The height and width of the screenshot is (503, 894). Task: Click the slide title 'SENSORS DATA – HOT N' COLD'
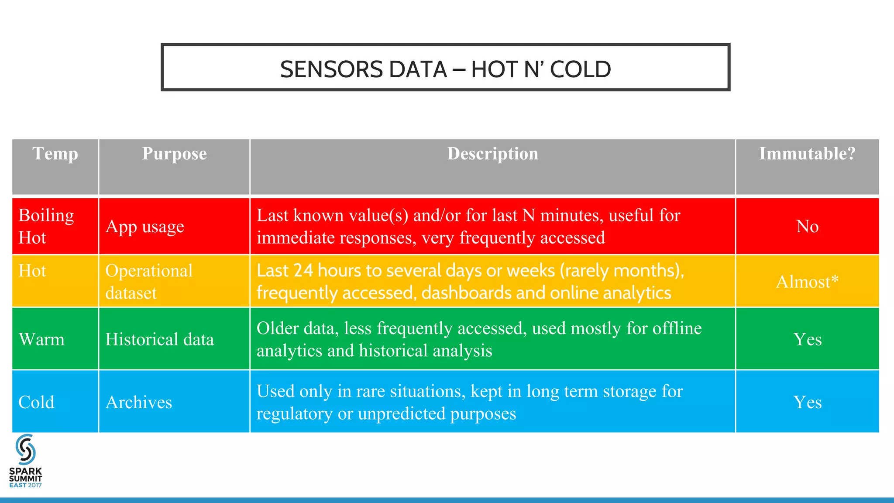[x=445, y=69]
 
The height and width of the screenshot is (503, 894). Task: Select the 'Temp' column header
[x=55, y=154]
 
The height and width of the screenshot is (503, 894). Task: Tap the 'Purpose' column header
[x=174, y=154]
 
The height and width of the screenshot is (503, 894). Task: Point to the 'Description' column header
[x=492, y=154]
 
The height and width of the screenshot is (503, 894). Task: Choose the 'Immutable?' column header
[x=807, y=154]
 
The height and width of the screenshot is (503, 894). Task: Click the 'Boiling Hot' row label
[x=46, y=226]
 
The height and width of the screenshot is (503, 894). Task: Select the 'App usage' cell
[x=144, y=226]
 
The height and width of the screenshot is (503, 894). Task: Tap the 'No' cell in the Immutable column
[x=807, y=226]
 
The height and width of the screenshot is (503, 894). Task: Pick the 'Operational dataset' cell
[x=148, y=282]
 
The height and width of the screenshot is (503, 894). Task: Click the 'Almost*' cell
[x=807, y=282]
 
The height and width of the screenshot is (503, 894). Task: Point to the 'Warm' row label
[x=41, y=339]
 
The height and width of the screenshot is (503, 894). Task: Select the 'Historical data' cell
[x=159, y=339]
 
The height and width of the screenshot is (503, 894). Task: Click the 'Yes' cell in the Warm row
[x=807, y=339]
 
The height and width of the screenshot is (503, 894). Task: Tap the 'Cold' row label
[x=36, y=402]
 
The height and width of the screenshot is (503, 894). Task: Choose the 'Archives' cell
[x=139, y=402]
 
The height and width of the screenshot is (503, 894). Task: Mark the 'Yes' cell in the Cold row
[x=807, y=402]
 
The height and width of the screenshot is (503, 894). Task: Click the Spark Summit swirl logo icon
[x=25, y=449]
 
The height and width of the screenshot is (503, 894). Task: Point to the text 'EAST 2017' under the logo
[x=25, y=485]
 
